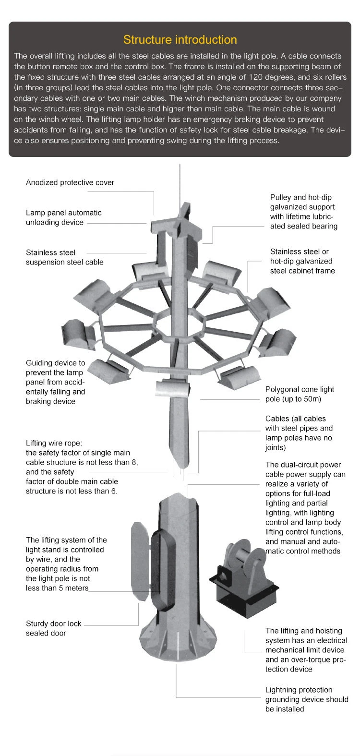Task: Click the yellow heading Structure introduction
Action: pos(180,40)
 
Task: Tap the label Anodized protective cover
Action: pos(70,182)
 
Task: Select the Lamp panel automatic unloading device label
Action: pos(63,217)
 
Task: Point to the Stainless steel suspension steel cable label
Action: pos(64,257)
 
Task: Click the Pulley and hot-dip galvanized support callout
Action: pos(303,212)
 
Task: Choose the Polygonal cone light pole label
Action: pos(300,394)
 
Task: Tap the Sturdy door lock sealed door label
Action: pos(53,628)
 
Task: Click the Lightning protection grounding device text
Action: pos(306,699)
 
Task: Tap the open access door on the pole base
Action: pos(140,562)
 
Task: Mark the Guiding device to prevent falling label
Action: pos(55,382)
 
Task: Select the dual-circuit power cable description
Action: pos(305,508)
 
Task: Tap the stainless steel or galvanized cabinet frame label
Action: pos(302,261)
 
